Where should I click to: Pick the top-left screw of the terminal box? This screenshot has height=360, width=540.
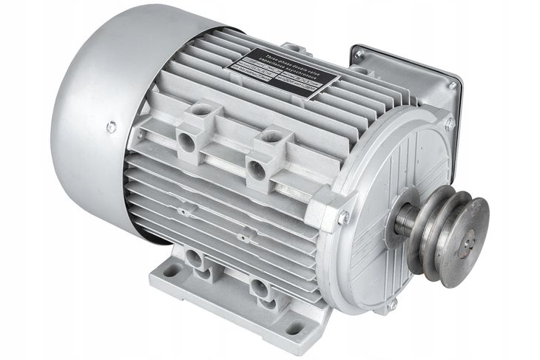pyautogui.click(x=359, y=55)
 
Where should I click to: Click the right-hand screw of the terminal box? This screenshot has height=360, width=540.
pyautogui.click(x=452, y=86)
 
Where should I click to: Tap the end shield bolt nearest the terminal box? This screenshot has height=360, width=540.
pyautogui.click(x=449, y=123)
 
